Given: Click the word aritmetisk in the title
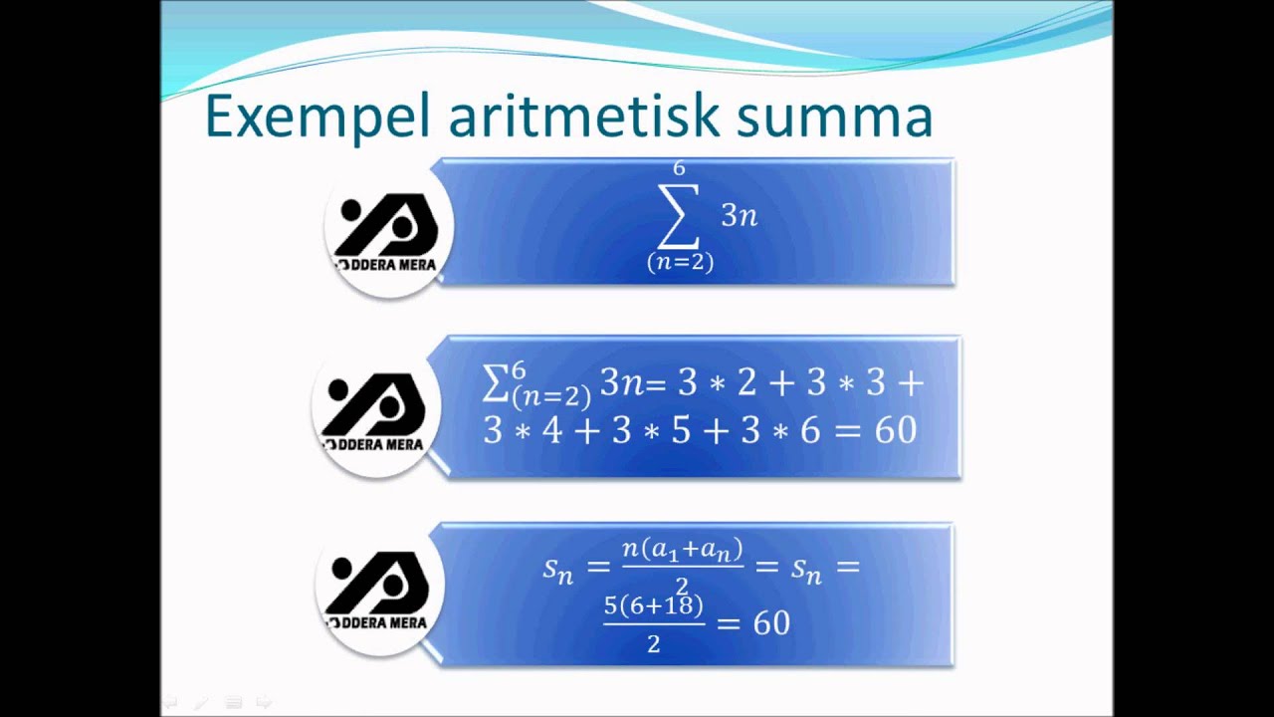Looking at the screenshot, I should tap(583, 116).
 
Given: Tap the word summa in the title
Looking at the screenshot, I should tap(834, 118).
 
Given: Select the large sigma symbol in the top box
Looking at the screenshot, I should tap(678, 215).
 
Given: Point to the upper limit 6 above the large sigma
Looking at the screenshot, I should tap(679, 168).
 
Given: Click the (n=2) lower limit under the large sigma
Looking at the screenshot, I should tap(680, 262).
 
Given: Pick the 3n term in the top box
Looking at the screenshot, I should tap(740, 215).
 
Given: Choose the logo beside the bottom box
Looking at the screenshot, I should tap(379, 589).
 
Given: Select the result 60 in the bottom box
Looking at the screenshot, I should tap(771, 623).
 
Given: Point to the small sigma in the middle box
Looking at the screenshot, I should tap(495, 383).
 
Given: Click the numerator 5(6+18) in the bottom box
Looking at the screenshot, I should tap(654, 605).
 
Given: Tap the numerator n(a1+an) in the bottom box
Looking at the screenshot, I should tap(683, 549).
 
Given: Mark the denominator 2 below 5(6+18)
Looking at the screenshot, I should tap(654, 644).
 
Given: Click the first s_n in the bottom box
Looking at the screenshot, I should tap(558, 569).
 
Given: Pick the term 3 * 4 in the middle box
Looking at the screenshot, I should tap(524, 429).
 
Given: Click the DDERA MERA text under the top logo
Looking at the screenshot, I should tap(390, 266).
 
